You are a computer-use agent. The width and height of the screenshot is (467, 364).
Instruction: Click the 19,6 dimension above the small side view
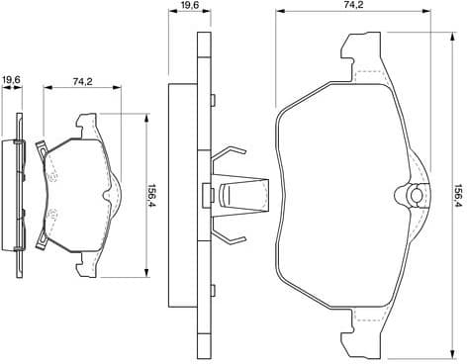(11, 79)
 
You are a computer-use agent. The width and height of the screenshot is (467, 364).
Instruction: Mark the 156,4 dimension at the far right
(457, 190)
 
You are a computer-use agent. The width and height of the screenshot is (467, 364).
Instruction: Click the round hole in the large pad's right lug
(416, 195)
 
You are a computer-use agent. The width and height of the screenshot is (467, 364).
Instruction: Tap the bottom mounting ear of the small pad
(83, 259)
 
